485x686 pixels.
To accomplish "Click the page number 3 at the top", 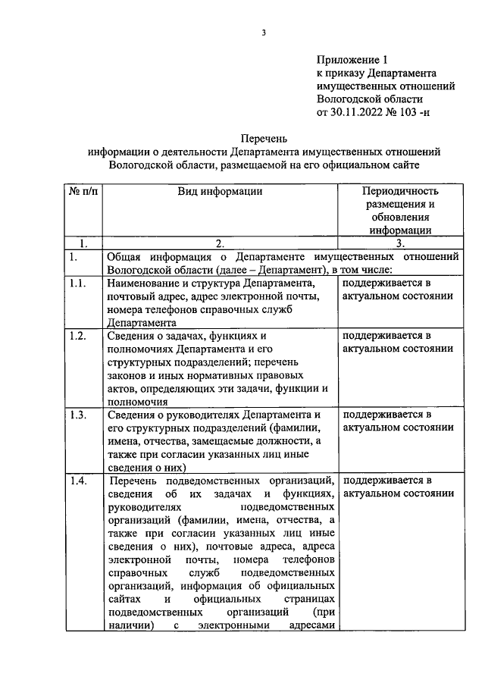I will point(264,32).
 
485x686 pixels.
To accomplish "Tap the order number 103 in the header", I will point(431,111).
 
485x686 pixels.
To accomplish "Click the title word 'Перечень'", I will point(263,139).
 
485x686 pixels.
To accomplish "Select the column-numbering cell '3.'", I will point(401,244).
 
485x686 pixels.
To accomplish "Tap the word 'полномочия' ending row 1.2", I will point(138,403).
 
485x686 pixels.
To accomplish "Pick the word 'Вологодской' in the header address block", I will point(349,99).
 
